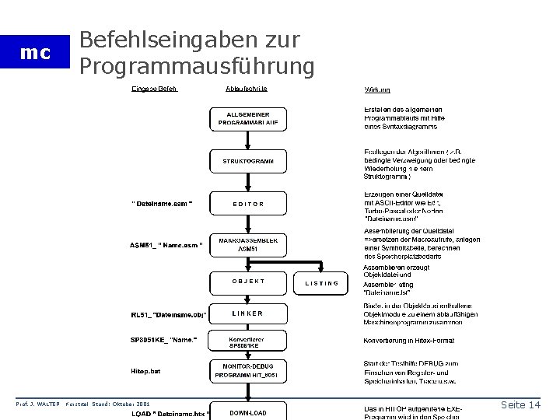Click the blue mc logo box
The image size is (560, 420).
click(36, 53)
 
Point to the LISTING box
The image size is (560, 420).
click(321, 283)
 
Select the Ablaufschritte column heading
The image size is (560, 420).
click(248, 89)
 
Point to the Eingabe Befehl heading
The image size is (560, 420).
click(155, 89)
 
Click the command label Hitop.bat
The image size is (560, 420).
click(145, 372)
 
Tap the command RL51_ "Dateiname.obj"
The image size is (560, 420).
click(168, 315)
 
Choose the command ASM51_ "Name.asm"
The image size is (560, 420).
click(166, 246)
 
